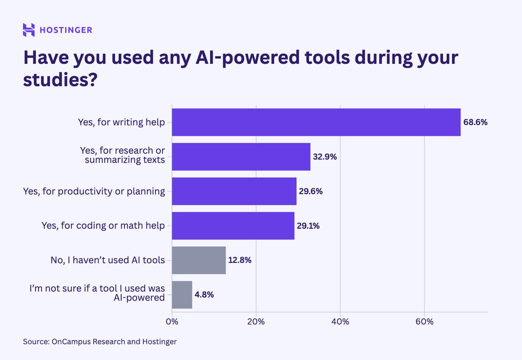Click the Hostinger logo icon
tap(29, 30)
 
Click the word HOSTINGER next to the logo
tap(66, 30)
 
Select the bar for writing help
tap(316, 122)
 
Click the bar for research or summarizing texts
tap(241, 157)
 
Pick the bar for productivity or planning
tap(234, 191)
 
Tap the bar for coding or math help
tap(233, 225)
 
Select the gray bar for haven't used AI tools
tap(199, 260)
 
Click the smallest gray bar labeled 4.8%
tap(182, 295)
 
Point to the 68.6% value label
tap(476, 122)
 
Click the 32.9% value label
tap(325, 157)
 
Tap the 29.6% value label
tap(311, 191)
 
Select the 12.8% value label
tap(240, 260)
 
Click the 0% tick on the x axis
tap(172, 322)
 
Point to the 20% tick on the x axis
tap(256, 322)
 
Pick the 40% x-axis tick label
tap(340, 322)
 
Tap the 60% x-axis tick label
tap(424, 322)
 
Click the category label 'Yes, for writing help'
tap(121, 122)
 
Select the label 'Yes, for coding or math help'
tap(103, 225)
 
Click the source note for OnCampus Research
tap(100, 342)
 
